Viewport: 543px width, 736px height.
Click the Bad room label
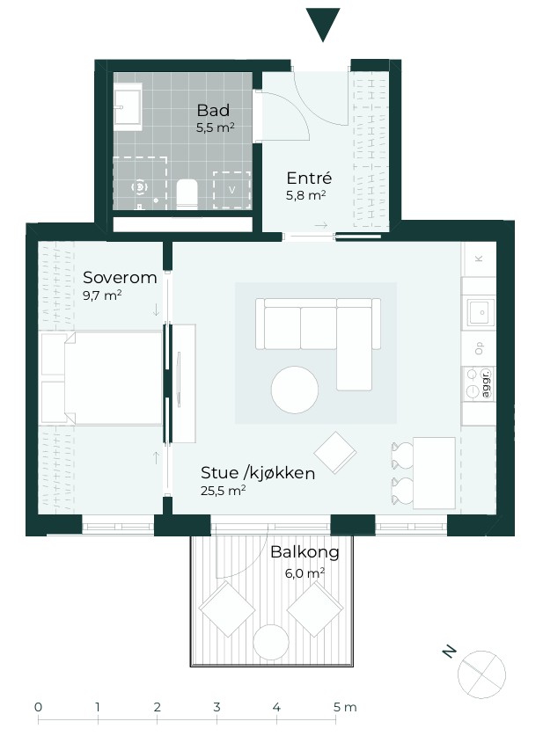pyautogui.click(x=213, y=110)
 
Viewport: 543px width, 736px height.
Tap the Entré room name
pyautogui.click(x=309, y=178)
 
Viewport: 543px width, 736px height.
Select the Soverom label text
pyautogui.click(x=120, y=277)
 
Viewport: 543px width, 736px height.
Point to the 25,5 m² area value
pyautogui.click(x=224, y=491)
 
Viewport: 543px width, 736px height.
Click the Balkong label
pyautogui.click(x=305, y=552)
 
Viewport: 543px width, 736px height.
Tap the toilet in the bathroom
pyautogui.click(x=187, y=193)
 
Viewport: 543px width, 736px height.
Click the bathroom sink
pyautogui.click(x=128, y=107)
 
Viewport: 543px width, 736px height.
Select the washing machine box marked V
pyautogui.click(x=231, y=190)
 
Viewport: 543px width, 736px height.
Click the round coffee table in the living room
pyautogui.click(x=295, y=390)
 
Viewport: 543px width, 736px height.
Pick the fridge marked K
pyautogui.click(x=479, y=259)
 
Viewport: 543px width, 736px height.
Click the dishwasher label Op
pyautogui.click(x=479, y=348)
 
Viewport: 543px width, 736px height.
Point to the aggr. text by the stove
pyautogui.click(x=487, y=383)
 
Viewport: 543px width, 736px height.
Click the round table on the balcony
pyautogui.click(x=271, y=643)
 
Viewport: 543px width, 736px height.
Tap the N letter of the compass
pyautogui.click(x=450, y=652)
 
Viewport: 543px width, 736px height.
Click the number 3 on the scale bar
pyautogui.click(x=216, y=707)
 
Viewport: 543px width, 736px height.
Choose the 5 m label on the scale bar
pyautogui.click(x=345, y=707)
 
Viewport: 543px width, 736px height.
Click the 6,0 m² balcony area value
pyautogui.click(x=305, y=573)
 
